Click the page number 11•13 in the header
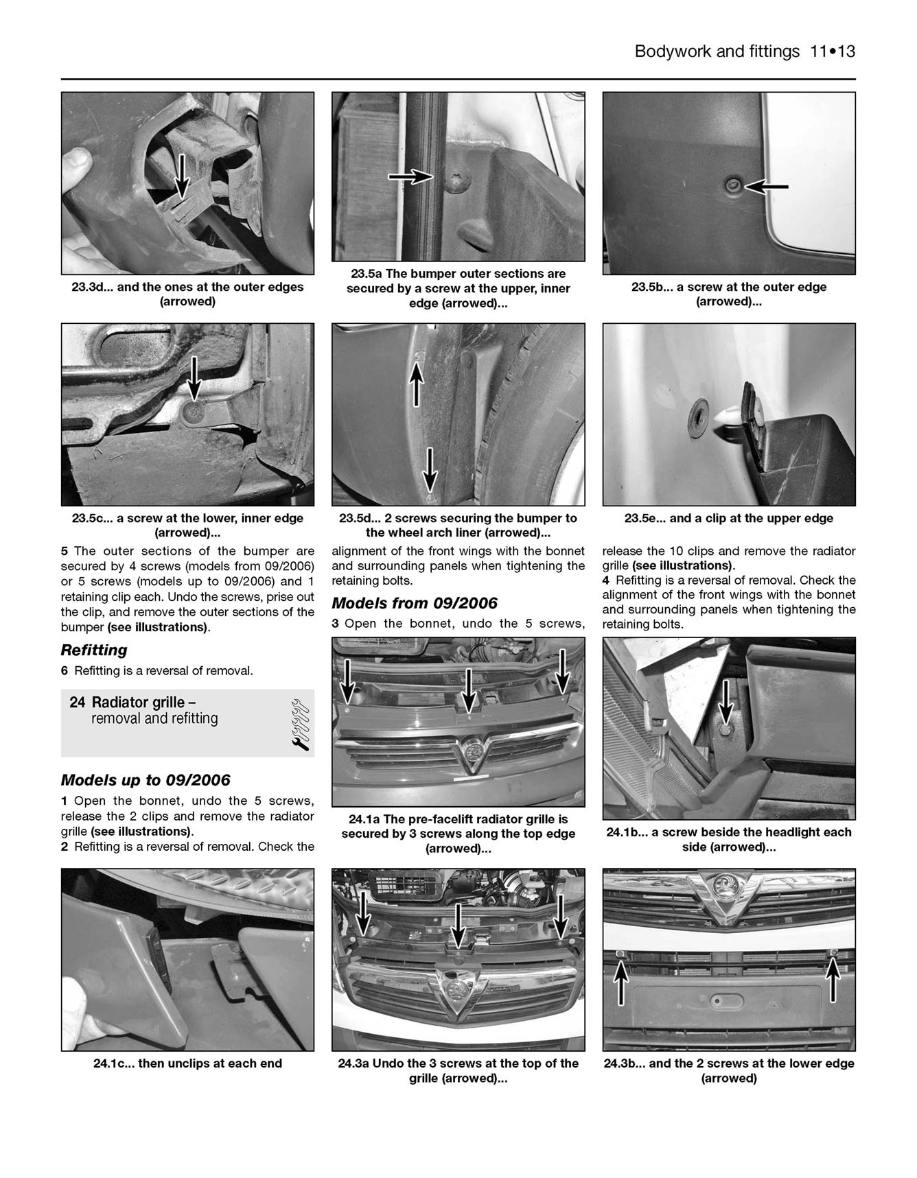(832, 51)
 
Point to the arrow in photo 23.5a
(410, 177)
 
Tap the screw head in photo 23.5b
(734, 185)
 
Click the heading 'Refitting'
(94, 650)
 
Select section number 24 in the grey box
(78, 702)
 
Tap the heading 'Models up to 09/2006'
(146, 780)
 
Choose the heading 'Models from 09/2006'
(415, 603)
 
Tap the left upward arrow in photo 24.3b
(620, 981)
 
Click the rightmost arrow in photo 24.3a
(561, 917)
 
